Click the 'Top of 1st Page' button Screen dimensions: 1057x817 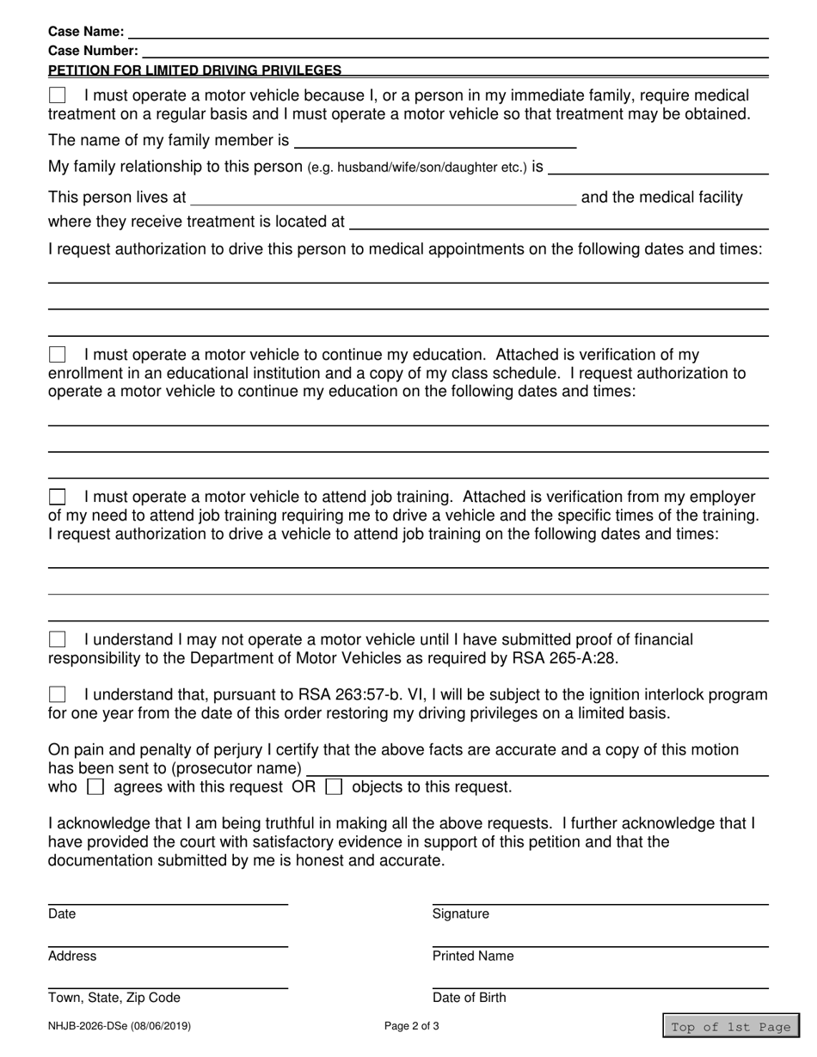click(x=730, y=1027)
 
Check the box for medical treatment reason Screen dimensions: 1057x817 click(x=57, y=95)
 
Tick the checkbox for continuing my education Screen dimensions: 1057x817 click(x=57, y=354)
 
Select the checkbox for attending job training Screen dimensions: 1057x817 click(x=57, y=497)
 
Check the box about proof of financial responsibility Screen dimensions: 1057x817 click(x=57, y=639)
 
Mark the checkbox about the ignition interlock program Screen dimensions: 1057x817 click(x=57, y=694)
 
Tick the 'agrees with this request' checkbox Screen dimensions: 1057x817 click(x=96, y=786)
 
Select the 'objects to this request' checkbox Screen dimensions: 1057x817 click(x=335, y=786)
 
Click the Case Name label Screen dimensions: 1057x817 click(x=86, y=32)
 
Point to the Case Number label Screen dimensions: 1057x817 click(x=93, y=51)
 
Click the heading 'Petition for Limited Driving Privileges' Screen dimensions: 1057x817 click(x=194, y=70)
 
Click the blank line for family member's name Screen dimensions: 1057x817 click(x=434, y=141)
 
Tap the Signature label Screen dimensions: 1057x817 click(x=460, y=914)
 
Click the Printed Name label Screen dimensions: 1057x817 click(x=473, y=956)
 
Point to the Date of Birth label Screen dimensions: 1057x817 click(x=469, y=998)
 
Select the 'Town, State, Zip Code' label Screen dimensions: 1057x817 click(x=114, y=998)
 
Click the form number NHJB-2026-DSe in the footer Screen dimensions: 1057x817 click(x=120, y=1026)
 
